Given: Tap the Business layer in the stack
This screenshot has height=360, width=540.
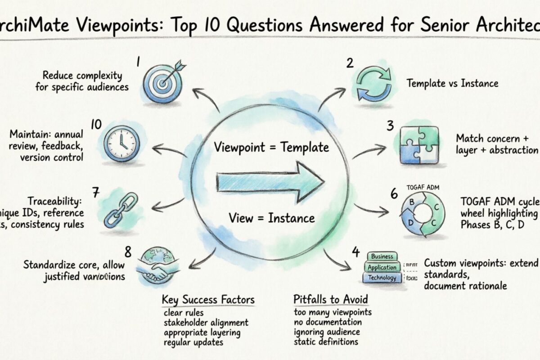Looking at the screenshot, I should (382, 256).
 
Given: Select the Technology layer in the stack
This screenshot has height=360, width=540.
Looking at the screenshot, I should (382, 278).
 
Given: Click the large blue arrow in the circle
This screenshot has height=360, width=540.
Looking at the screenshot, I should (270, 181).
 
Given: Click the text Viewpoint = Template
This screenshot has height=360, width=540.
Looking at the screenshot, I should (271, 148).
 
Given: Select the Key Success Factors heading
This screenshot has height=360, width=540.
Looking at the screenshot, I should (208, 300).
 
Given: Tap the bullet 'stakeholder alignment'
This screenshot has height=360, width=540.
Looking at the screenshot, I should (206, 323).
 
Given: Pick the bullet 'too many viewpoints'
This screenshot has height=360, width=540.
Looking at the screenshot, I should (333, 312).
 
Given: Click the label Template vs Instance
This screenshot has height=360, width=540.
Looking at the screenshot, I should (452, 83).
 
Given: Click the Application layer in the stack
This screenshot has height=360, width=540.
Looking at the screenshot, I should (382, 267).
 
